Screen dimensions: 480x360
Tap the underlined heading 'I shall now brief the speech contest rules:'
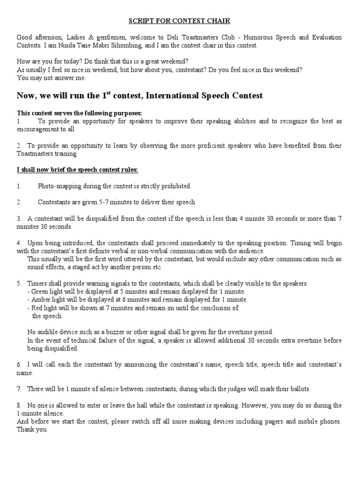(x=77, y=170)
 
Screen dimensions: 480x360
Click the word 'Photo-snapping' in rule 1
(x=58, y=186)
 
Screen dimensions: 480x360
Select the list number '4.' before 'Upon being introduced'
(x=19, y=243)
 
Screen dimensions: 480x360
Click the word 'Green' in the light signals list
(x=40, y=292)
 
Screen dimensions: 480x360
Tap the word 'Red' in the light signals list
(x=37, y=308)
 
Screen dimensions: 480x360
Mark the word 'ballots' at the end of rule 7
(x=300, y=390)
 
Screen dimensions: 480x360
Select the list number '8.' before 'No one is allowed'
(x=19, y=405)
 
